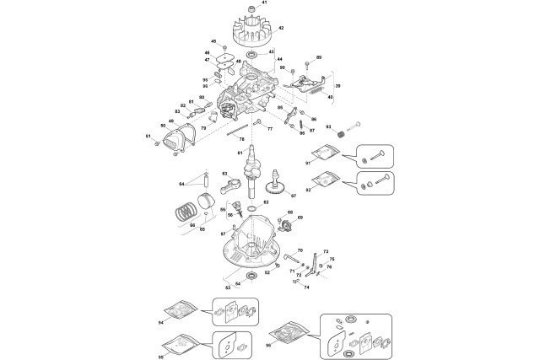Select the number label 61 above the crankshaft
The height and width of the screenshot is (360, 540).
coord(240,153)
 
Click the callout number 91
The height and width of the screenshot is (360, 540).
coord(308,161)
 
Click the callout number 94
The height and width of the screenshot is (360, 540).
coord(161,321)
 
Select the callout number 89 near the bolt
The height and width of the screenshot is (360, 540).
coord(319,56)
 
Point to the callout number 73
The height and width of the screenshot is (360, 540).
coord(327,252)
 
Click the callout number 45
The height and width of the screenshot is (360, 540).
coord(213,41)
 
